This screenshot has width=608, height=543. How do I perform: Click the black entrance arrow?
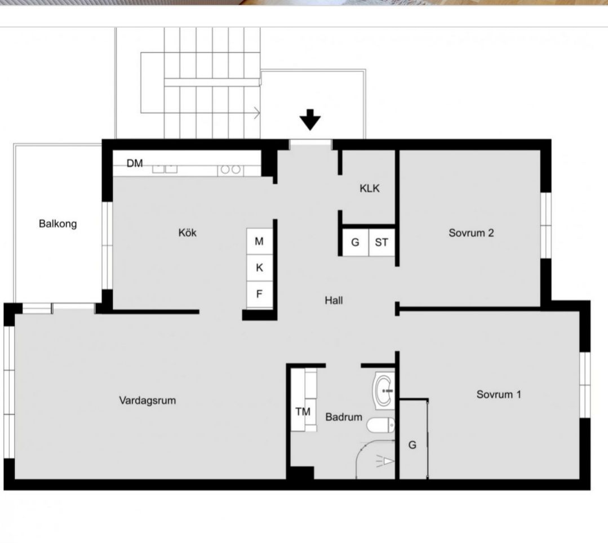[x=310, y=120]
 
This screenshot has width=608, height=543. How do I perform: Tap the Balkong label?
[x=58, y=224]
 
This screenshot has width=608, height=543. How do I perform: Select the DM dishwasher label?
[x=135, y=163]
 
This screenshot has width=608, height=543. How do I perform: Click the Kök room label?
[x=187, y=233]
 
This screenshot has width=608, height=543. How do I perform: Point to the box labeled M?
[x=259, y=241]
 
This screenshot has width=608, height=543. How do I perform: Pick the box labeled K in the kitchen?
[x=259, y=268]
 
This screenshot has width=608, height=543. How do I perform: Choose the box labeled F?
[x=259, y=295]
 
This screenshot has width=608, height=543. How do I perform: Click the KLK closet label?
[x=370, y=188]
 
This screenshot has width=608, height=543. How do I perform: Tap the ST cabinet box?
[x=381, y=242]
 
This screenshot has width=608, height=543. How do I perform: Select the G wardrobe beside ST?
[x=356, y=242]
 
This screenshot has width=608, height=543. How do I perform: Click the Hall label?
[x=334, y=300]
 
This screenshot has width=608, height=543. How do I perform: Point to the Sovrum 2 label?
[x=471, y=233]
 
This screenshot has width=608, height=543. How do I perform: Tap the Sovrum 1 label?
[x=499, y=394]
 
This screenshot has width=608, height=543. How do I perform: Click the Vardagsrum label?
[x=147, y=400]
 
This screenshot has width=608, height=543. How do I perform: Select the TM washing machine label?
[x=303, y=412]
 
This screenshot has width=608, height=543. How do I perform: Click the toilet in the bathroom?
[x=380, y=426]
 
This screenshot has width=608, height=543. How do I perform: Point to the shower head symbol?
[x=385, y=461]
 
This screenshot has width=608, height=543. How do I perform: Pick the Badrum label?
[x=344, y=417]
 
